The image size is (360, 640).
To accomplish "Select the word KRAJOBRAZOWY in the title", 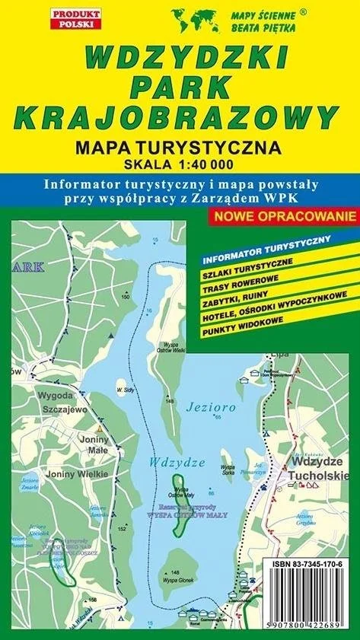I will coord(176,116).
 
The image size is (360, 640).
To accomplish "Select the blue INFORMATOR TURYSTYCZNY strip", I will coord(266,244).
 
